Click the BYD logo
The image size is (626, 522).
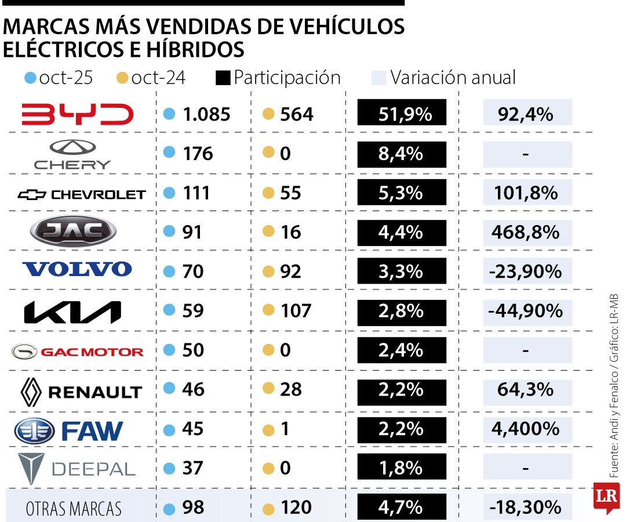pos(77,114)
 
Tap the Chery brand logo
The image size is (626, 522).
pos(72,154)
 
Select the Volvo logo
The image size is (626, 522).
pos(77,269)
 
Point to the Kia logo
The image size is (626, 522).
pos(72,312)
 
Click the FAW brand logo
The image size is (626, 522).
pos(68,431)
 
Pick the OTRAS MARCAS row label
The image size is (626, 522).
pos(74,509)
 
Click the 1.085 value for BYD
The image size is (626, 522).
pos(206,114)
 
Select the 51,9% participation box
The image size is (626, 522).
pos(402,113)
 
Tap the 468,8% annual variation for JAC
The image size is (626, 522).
pos(525,232)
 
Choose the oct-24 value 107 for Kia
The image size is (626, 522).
pos(296,311)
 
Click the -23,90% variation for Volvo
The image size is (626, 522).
pos(525,271)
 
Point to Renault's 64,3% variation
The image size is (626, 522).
pos(525,389)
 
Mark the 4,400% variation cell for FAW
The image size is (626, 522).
pos(525,429)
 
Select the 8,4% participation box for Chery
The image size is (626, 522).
pos(402,154)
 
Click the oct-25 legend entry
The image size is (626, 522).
pos(60,78)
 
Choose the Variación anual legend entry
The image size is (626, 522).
pos(443,78)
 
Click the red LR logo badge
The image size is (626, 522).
pos(606,497)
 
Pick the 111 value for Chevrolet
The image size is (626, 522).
pos(196,193)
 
